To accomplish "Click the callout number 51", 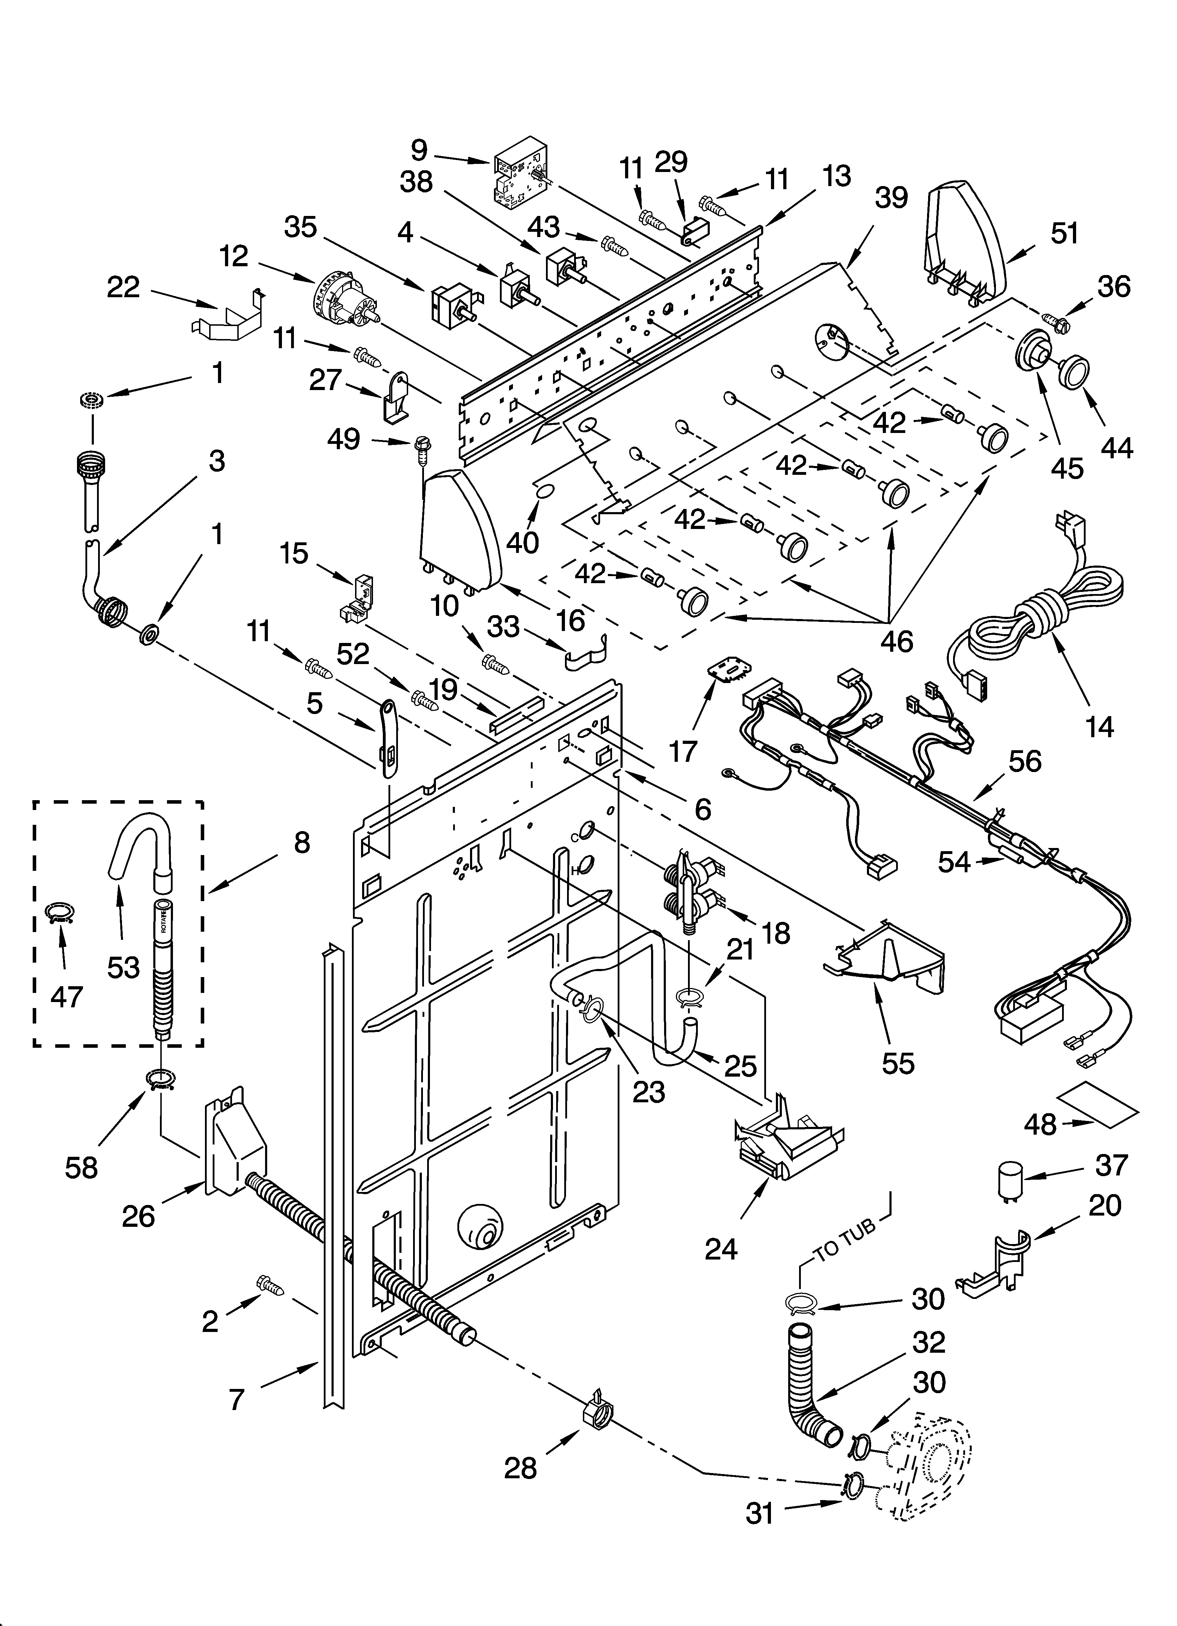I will (x=1064, y=233).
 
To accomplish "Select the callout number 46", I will (x=896, y=640).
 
